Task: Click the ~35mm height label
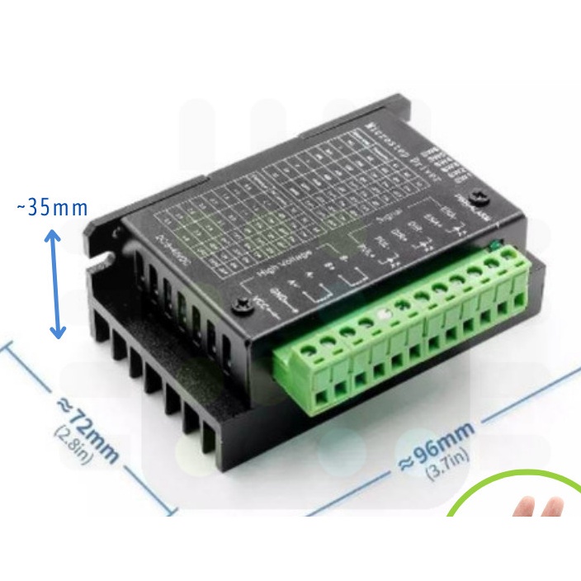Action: click(52, 207)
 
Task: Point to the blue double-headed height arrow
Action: click(56, 284)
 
